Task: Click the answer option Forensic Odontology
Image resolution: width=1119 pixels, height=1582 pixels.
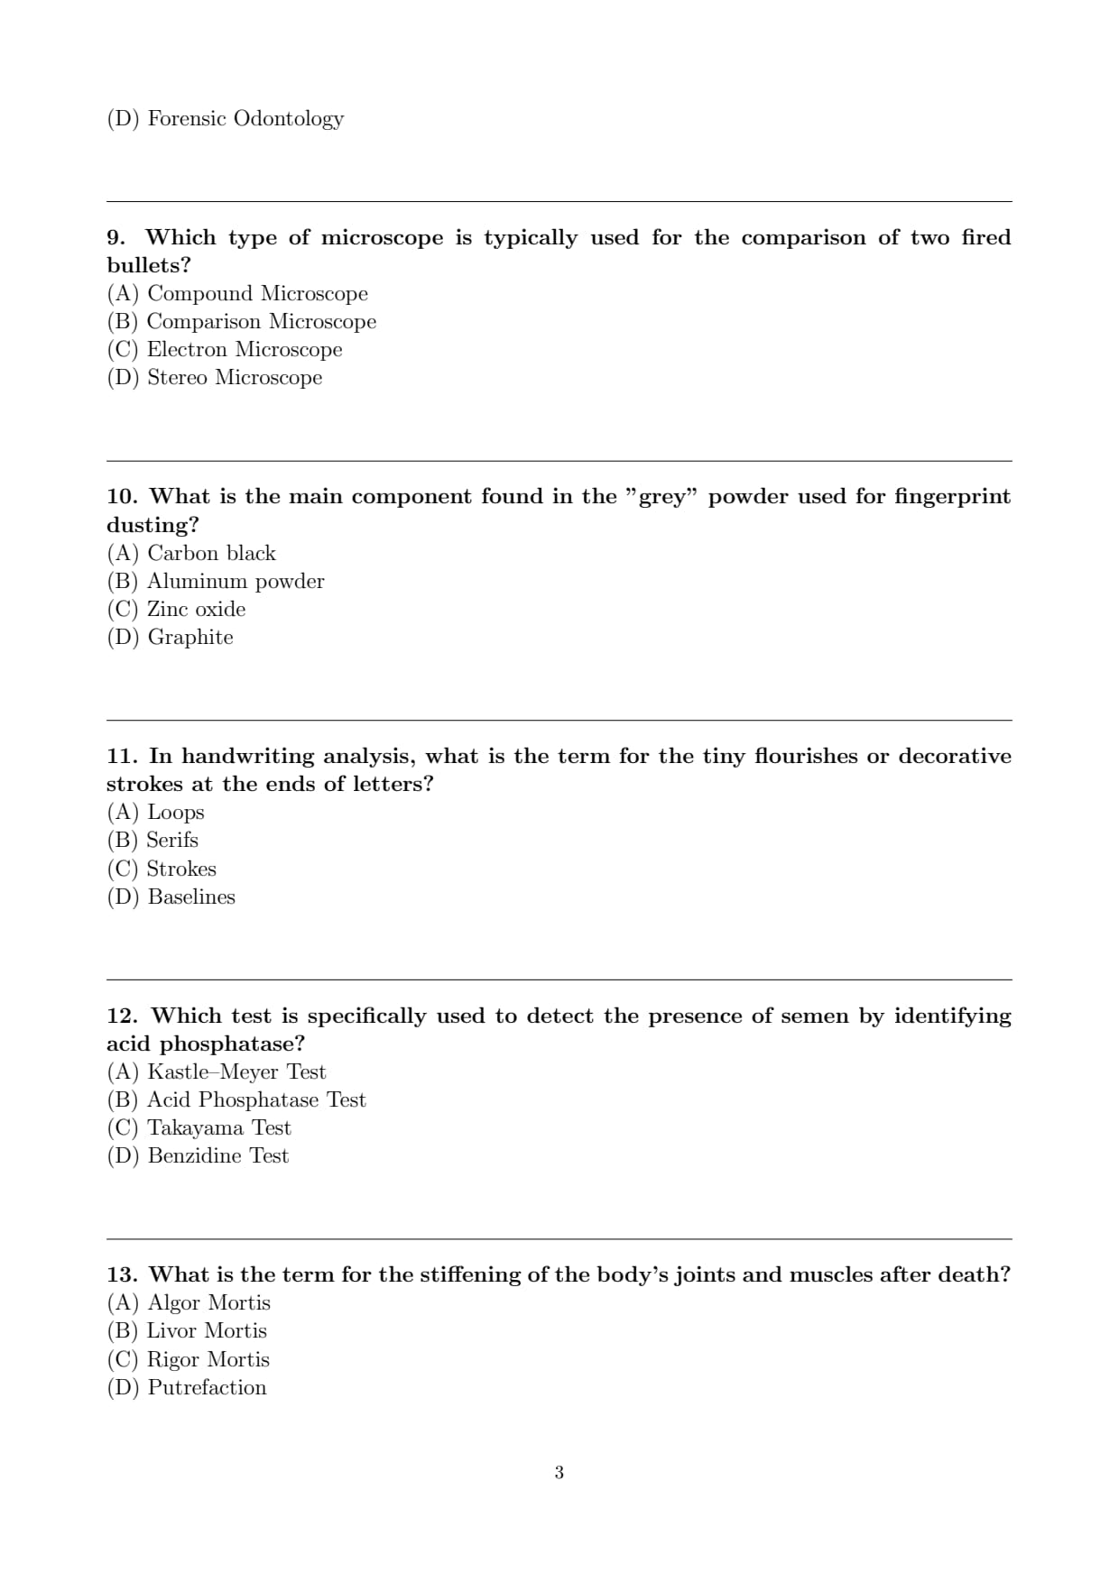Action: pyautogui.click(x=225, y=119)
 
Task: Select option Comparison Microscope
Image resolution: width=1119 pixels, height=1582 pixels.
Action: pyautogui.click(x=241, y=322)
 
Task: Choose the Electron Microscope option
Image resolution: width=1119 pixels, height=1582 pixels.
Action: pyautogui.click(x=225, y=350)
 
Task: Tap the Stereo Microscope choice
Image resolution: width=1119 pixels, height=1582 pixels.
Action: pyautogui.click(x=214, y=378)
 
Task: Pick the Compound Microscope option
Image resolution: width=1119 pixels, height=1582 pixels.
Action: pyautogui.click(x=237, y=294)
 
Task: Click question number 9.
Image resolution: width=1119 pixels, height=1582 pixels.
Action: pyautogui.click(x=116, y=238)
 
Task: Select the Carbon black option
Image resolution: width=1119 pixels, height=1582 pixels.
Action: pyautogui.click(x=191, y=553)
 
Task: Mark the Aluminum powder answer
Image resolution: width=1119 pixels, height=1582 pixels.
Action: pyautogui.click(x=216, y=582)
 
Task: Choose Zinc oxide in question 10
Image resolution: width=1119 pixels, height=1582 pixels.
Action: pyautogui.click(x=176, y=610)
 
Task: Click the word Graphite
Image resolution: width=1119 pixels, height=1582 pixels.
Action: pyautogui.click(x=190, y=638)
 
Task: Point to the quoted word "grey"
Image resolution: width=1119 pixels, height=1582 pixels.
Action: pyautogui.click(x=661, y=497)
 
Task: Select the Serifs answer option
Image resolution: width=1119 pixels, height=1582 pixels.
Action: pyautogui.click(x=153, y=841)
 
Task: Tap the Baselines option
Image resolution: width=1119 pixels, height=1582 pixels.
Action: pyautogui.click(x=171, y=897)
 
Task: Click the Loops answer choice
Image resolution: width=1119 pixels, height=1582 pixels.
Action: pyautogui.click(x=155, y=813)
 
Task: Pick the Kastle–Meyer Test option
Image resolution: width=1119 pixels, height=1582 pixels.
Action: pyautogui.click(x=217, y=1072)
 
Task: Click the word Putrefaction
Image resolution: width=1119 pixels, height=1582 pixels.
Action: pyautogui.click(x=207, y=1388)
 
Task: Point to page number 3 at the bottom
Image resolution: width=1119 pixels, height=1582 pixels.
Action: pyautogui.click(x=559, y=1473)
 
